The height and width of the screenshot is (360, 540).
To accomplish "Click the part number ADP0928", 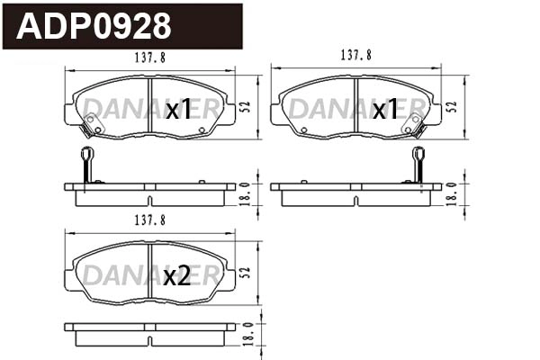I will pos(94,26).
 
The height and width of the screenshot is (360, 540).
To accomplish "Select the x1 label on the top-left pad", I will pos(179,110).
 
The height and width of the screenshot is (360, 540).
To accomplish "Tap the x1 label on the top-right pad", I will pos(385,110).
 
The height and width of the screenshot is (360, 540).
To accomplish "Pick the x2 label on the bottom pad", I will pos(177,276).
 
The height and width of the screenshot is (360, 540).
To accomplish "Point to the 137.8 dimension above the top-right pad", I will pos(356,55).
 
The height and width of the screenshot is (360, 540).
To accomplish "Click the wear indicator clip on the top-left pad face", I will pos(90,127).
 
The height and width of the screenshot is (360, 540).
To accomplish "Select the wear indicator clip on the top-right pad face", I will pos(416,126).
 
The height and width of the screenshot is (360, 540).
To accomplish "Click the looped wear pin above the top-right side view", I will pos(418,162).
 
